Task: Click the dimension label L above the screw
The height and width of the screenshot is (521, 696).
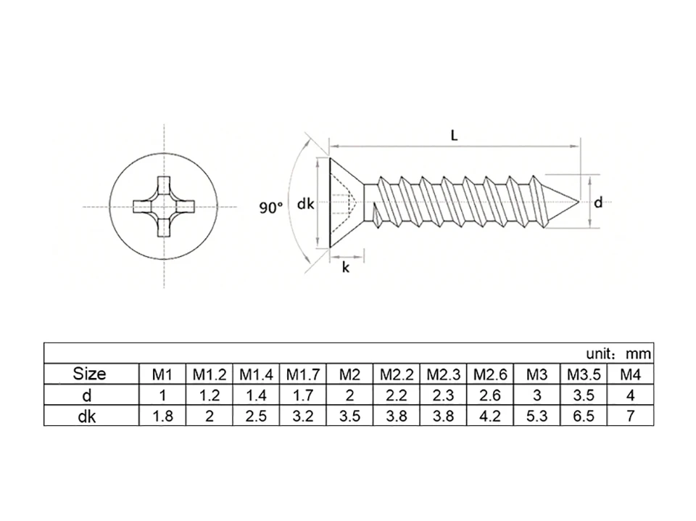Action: [454, 136]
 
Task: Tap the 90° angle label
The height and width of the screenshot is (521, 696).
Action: [271, 208]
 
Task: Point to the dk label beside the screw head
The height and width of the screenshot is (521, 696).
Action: [305, 205]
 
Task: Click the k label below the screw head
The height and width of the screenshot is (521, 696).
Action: [346, 268]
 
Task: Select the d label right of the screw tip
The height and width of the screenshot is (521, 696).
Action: [598, 203]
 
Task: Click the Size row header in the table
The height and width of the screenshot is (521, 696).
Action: [90, 374]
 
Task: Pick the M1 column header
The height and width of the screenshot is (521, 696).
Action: [162, 375]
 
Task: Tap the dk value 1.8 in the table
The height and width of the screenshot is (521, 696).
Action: [162, 416]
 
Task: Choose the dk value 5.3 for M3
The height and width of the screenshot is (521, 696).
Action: [536, 416]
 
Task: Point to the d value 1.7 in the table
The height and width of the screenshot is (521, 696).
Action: [303, 395]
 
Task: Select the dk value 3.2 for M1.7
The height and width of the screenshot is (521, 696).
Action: [303, 416]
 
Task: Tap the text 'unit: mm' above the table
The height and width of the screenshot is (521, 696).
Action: [618, 354]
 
